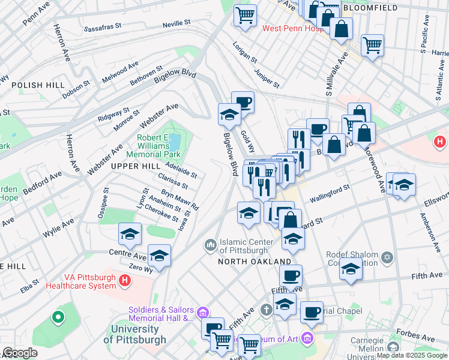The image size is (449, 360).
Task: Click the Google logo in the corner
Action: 19,353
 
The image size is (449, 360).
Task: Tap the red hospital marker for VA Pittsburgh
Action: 125,280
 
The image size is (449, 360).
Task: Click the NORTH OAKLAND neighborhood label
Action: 255,262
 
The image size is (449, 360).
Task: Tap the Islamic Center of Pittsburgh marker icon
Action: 211,245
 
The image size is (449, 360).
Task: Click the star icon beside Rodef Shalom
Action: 387,257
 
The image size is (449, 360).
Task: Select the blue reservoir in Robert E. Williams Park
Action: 175,143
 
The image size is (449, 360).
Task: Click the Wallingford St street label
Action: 329,193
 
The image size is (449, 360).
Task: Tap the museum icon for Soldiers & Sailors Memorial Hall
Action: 202,312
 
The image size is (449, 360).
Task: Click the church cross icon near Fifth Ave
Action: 267,310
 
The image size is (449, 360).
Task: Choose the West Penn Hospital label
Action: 292,28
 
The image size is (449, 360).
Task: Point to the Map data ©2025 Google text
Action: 412,355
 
